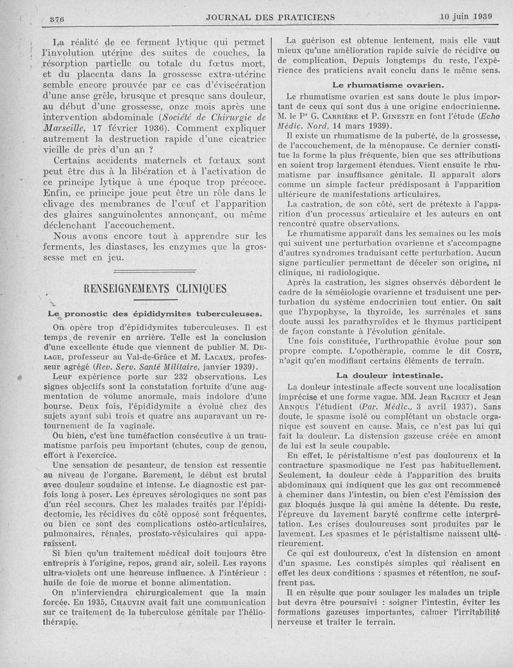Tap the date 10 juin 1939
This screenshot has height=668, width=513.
[x=466, y=16]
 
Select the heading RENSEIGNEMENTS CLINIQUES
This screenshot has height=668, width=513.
[x=155, y=289]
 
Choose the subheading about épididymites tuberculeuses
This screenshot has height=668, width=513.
[x=155, y=314]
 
